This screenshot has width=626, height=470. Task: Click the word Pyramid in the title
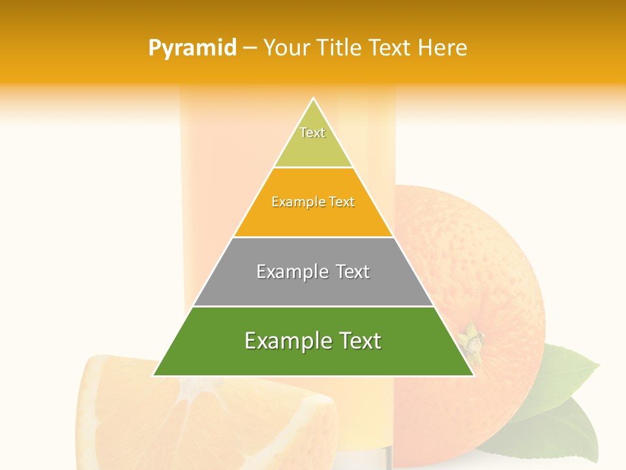[x=192, y=48]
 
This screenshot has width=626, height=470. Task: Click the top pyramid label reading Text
[x=312, y=133]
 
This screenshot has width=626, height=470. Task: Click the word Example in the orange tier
[x=293, y=202]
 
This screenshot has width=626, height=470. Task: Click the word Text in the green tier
[x=358, y=341]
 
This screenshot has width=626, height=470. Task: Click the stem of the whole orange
[x=471, y=337]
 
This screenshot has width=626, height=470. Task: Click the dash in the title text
[x=250, y=48]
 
